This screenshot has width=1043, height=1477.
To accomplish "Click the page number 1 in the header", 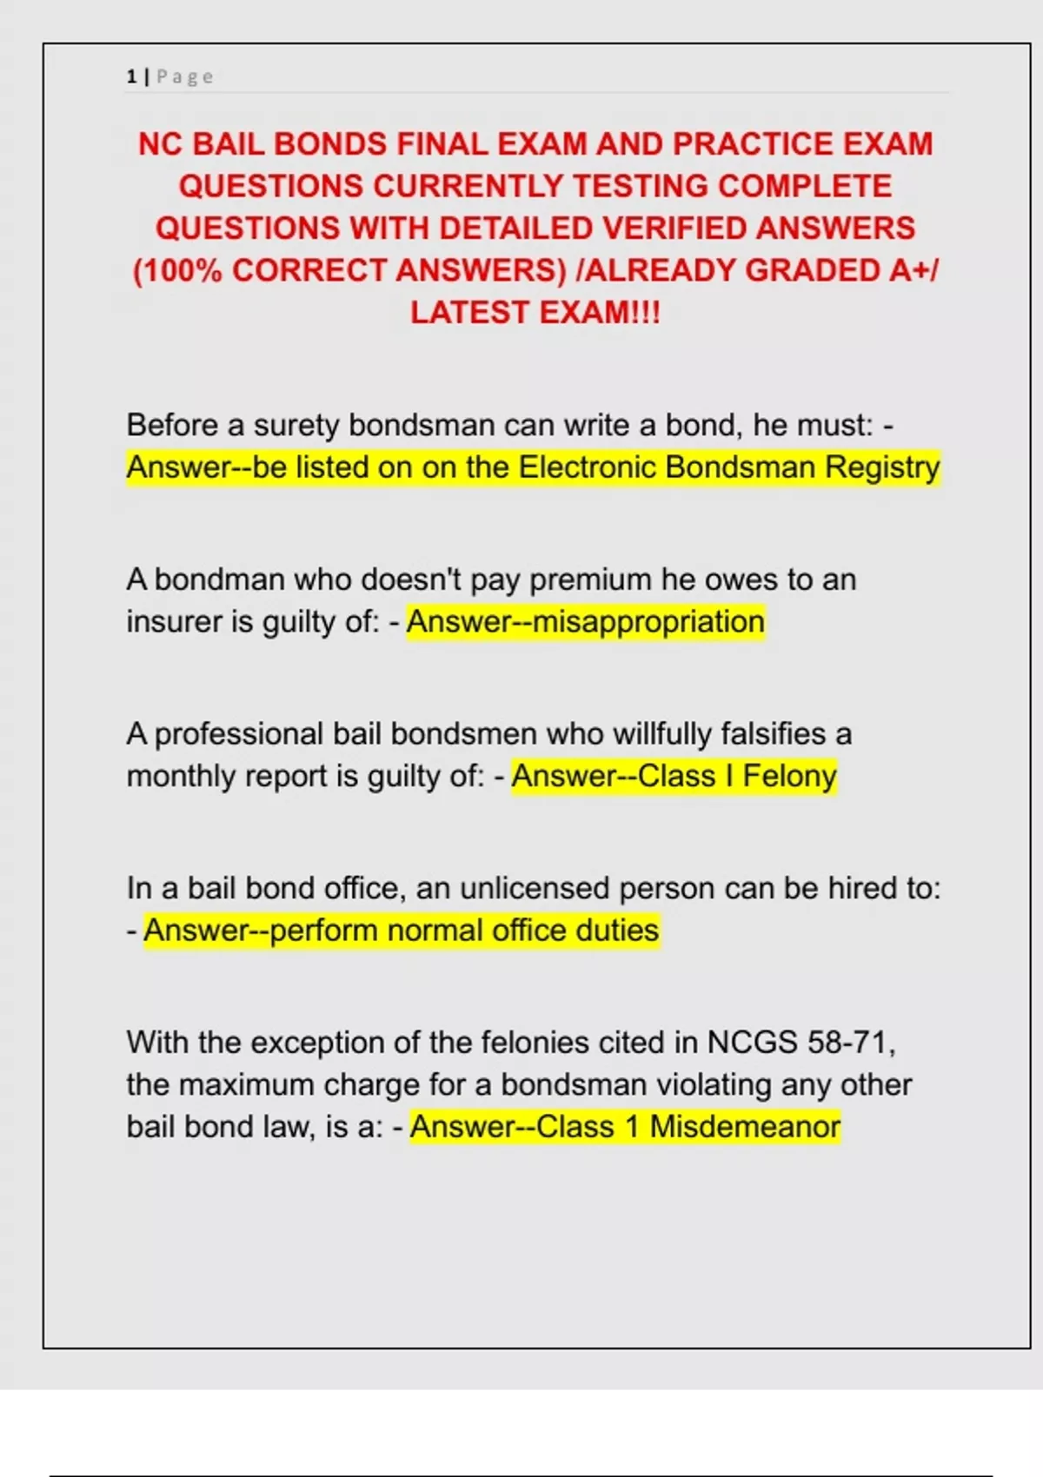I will tap(131, 77).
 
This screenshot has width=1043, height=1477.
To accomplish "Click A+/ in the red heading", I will tap(913, 271).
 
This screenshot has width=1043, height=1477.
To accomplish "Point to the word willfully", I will tap(662, 734).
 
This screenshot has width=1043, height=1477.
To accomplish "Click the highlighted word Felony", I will tap(789, 776).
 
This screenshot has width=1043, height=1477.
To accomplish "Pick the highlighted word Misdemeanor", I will tap(745, 1127).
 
